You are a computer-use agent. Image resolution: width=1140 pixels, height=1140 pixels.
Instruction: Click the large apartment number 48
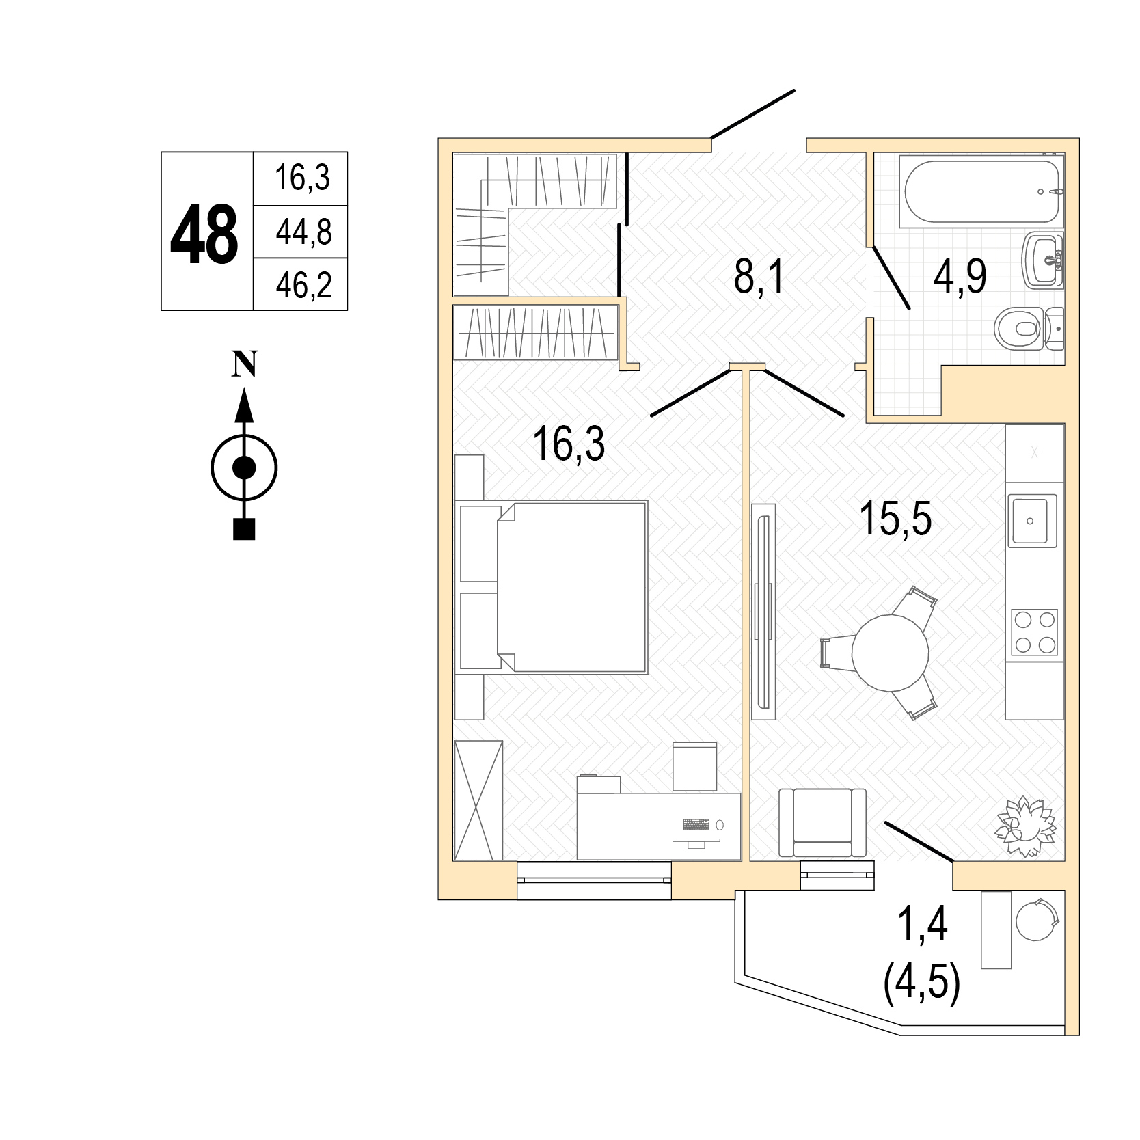[x=204, y=234]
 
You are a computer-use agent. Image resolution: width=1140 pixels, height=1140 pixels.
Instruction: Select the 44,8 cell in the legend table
[x=303, y=232]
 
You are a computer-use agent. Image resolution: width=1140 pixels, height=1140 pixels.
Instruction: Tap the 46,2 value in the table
[x=303, y=285]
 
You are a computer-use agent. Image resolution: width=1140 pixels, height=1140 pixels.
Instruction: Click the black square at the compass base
[x=244, y=529]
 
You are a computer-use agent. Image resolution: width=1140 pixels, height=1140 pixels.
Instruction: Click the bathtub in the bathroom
[x=980, y=191]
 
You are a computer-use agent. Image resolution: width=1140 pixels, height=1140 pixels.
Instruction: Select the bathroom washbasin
[x=1043, y=260]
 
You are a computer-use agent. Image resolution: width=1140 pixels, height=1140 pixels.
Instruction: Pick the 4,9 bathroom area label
[x=960, y=277]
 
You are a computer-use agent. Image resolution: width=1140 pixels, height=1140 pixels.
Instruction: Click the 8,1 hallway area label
[x=757, y=279]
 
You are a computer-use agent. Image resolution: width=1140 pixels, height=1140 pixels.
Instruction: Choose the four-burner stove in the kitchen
[x=1035, y=633]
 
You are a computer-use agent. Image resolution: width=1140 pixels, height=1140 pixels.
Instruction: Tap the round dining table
[x=890, y=652]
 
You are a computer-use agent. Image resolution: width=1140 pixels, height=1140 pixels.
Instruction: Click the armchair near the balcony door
[x=822, y=822]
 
